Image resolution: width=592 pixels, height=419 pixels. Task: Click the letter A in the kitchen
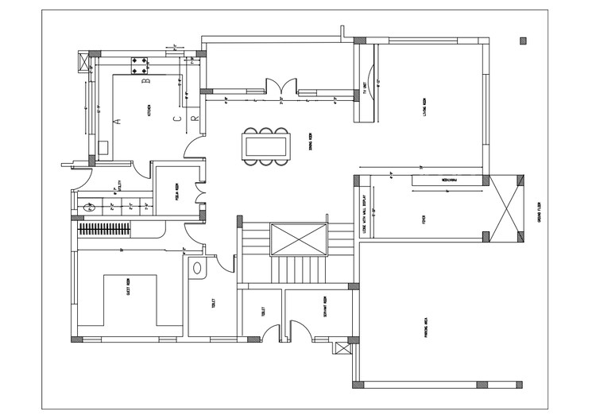click(116, 122)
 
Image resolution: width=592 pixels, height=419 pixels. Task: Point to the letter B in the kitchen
click(145, 81)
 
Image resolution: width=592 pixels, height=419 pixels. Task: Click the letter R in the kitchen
click(193, 118)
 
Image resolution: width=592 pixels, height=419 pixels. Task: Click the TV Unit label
click(365, 89)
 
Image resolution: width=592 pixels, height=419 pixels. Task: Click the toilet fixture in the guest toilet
click(196, 268)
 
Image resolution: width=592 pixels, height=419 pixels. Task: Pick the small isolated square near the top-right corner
click(522, 41)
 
